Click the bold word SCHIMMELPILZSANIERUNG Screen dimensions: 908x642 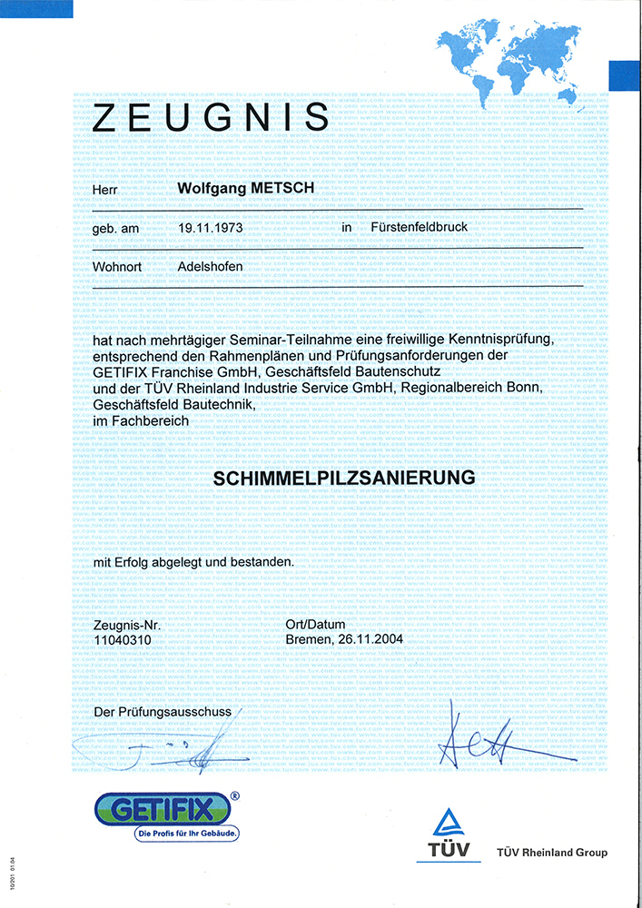[344, 477]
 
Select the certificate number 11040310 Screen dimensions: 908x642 [123, 639]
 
